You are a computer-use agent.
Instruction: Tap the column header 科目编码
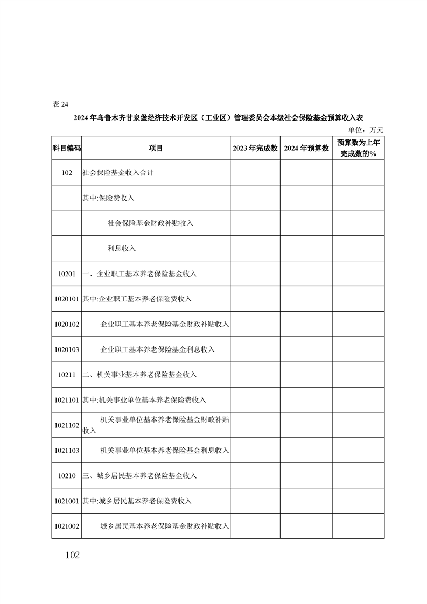click(x=67, y=148)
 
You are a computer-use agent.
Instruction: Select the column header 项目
click(x=156, y=148)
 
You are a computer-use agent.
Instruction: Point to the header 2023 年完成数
click(x=255, y=148)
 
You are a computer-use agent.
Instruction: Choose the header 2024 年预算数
click(x=306, y=148)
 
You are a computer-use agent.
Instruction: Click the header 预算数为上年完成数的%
click(x=358, y=148)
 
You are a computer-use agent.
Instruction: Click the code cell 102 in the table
click(x=67, y=173)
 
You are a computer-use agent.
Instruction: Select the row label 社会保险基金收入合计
click(x=118, y=173)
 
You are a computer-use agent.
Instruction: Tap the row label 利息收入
click(x=122, y=248)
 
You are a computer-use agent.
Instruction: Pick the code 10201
click(x=67, y=273)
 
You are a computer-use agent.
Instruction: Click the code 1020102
click(x=67, y=324)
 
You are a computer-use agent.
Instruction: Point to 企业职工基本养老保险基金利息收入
click(x=158, y=349)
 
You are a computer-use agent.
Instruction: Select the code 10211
click(x=67, y=374)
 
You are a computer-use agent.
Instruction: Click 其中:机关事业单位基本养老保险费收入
click(x=144, y=399)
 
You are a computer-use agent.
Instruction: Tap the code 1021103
click(x=67, y=450)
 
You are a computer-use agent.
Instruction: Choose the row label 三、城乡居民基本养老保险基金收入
click(x=139, y=475)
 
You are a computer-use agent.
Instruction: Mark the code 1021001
click(x=67, y=501)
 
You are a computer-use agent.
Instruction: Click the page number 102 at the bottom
click(x=71, y=555)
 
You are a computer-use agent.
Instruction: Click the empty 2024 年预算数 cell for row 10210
click(x=306, y=475)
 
